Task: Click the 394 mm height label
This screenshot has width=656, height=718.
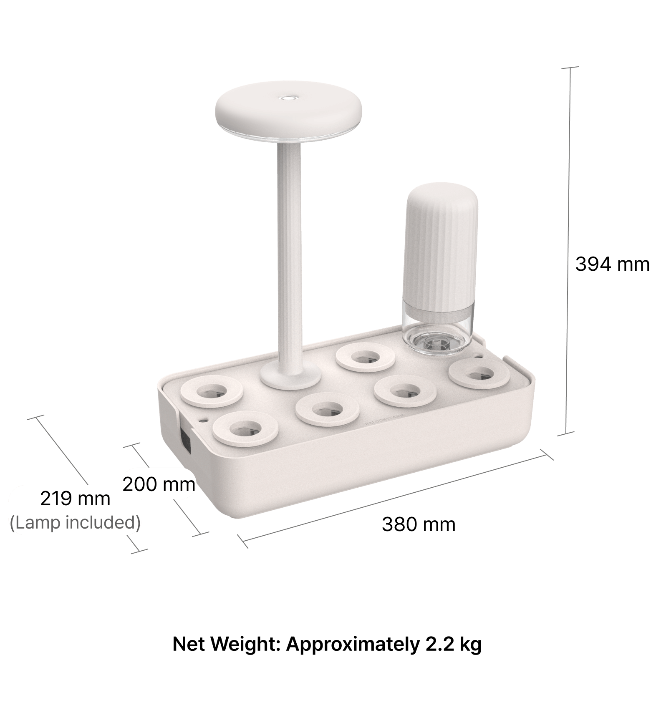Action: [612, 264]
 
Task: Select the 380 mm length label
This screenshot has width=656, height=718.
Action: [419, 524]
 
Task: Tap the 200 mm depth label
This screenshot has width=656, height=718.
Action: [159, 484]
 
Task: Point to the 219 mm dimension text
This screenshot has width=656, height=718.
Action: [75, 499]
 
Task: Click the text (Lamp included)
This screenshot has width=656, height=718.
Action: [75, 522]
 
